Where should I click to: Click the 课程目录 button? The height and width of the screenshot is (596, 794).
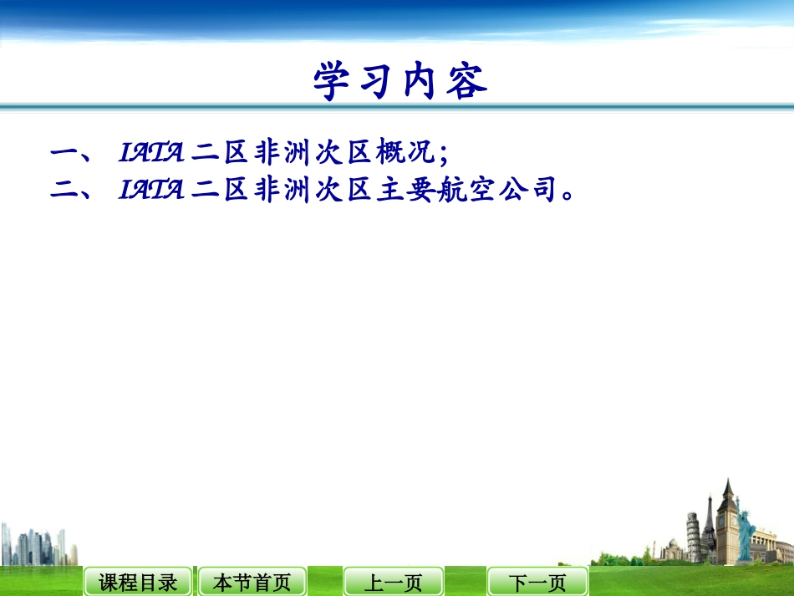click(138, 582)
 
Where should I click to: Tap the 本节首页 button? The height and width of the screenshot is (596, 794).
click(252, 582)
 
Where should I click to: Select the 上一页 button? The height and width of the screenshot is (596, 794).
click(393, 582)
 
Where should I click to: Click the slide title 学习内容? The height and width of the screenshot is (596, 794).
click(400, 82)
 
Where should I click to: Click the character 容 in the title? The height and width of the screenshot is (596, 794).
click(466, 82)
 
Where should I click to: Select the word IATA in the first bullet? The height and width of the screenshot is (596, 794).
click(151, 152)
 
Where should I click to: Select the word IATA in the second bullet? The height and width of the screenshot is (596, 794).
click(151, 190)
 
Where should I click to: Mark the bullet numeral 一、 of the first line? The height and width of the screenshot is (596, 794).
click(74, 153)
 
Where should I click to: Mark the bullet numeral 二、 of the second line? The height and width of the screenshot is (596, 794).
click(74, 191)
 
